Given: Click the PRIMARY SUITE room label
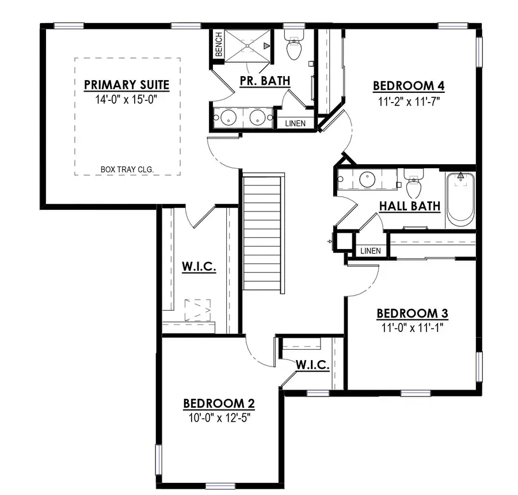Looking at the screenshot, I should [x=127, y=85].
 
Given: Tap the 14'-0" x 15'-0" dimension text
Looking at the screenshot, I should [x=127, y=99].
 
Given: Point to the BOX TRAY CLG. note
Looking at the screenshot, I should [x=127, y=170].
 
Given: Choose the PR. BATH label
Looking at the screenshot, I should [x=265, y=81].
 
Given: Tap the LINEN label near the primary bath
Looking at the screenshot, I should [x=296, y=123].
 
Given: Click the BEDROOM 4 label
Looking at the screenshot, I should [x=409, y=86].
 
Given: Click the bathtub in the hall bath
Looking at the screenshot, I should [x=460, y=200].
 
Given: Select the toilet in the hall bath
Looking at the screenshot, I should [x=413, y=184].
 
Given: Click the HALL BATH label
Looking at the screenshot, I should [x=410, y=206].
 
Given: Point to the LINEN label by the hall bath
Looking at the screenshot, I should [x=370, y=251].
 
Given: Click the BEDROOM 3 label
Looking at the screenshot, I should [x=412, y=313].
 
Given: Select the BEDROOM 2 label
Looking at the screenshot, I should [x=219, y=403].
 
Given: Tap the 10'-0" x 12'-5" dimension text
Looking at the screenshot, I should [x=219, y=417].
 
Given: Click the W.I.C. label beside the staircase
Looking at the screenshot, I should [x=199, y=267].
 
